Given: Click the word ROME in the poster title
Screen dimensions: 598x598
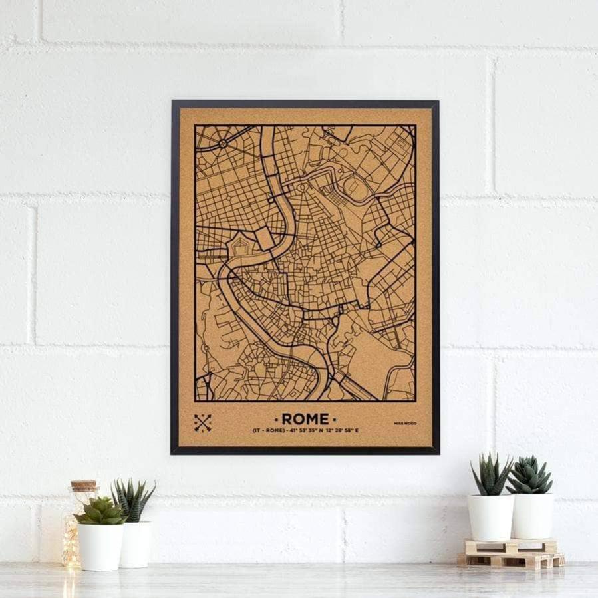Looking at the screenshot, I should (x=305, y=419).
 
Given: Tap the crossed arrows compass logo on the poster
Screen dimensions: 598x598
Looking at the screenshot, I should (x=202, y=422).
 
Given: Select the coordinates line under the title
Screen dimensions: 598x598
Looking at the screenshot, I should (x=305, y=431).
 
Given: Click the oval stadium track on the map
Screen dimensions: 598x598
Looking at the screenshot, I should (x=358, y=188).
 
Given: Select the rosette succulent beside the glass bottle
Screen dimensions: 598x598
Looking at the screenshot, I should (x=100, y=512).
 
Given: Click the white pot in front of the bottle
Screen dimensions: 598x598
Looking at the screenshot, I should (x=100, y=546).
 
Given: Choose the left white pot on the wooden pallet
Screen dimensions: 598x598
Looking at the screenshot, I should (x=490, y=517).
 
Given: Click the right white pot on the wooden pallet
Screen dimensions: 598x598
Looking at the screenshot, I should (x=532, y=516).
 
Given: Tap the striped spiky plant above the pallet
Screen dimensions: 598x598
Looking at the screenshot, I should (x=490, y=475).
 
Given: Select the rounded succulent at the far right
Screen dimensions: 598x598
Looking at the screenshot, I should (x=529, y=476).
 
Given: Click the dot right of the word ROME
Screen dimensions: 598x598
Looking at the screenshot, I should (x=335, y=419).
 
